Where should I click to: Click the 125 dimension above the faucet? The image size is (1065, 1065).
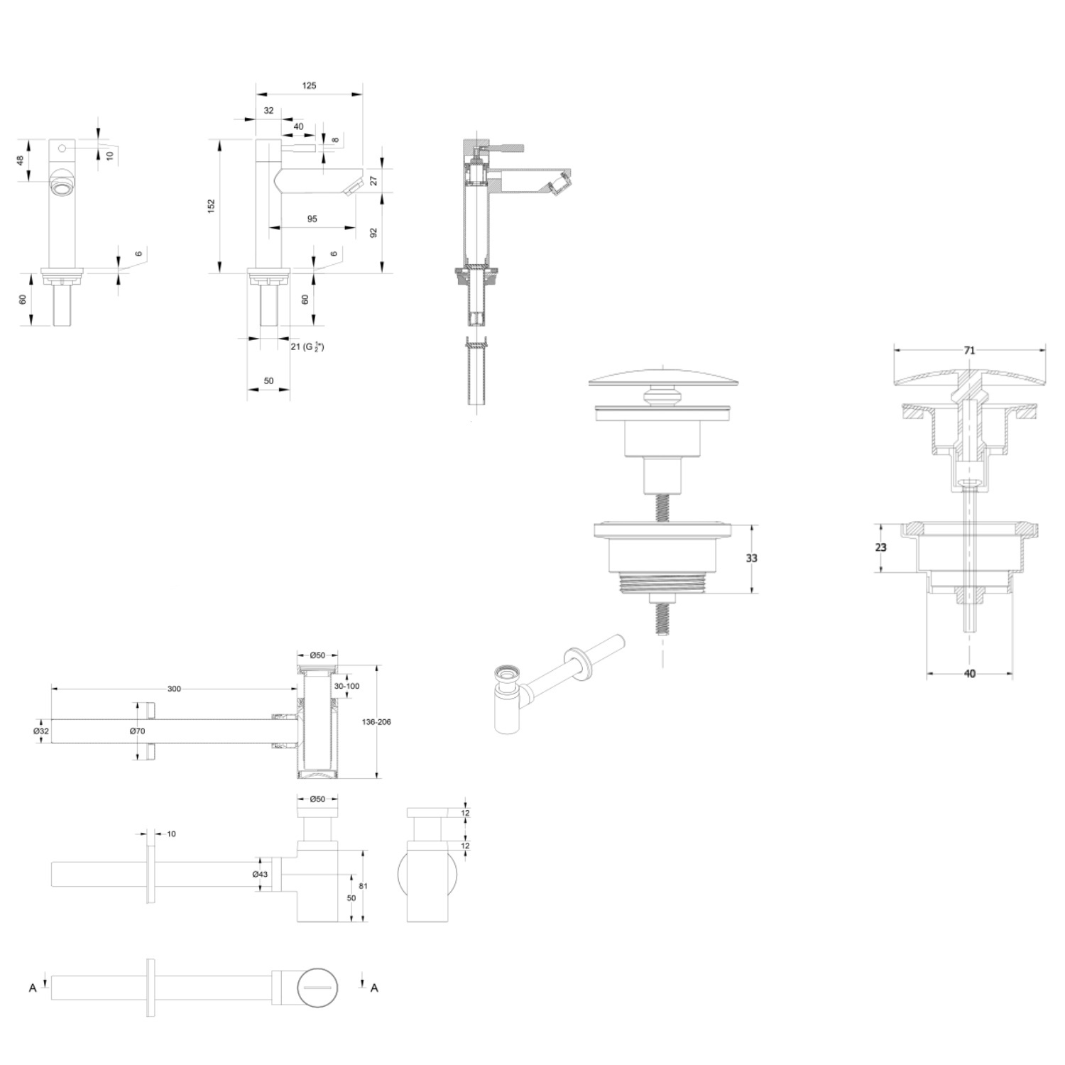pyautogui.click(x=309, y=86)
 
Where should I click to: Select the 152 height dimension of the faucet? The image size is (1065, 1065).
pyautogui.click(x=212, y=206)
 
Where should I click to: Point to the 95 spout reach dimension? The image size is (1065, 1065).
pyautogui.click(x=312, y=219)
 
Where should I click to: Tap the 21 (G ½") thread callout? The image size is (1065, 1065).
pyautogui.click(x=307, y=346)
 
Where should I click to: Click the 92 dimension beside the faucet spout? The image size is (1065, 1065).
pyautogui.click(x=374, y=232)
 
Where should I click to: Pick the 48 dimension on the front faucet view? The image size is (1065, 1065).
pyautogui.click(x=21, y=160)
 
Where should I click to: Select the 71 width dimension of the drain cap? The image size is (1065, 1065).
pyautogui.click(x=970, y=351)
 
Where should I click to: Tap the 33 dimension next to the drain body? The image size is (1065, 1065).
pyautogui.click(x=751, y=558)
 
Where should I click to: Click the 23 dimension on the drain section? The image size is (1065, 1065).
pyautogui.click(x=881, y=547)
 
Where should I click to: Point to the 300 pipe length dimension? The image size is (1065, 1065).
pyautogui.click(x=174, y=689)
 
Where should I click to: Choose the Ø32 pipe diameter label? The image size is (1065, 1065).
pyautogui.click(x=41, y=731)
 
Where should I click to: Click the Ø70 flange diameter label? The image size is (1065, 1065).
pyautogui.click(x=137, y=731)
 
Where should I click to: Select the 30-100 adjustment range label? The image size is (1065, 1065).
pyautogui.click(x=346, y=686)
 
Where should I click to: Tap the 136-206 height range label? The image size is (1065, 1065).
pyautogui.click(x=376, y=722)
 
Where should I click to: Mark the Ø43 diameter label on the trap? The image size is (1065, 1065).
pyautogui.click(x=260, y=874)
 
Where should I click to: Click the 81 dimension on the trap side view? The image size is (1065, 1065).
pyautogui.click(x=364, y=886)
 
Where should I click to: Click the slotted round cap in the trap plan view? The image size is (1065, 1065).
pyautogui.click(x=317, y=987)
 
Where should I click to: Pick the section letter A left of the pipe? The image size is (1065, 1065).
pyautogui.click(x=33, y=988)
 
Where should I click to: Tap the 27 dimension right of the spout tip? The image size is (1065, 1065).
pyautogui.click(x=373, y=181)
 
